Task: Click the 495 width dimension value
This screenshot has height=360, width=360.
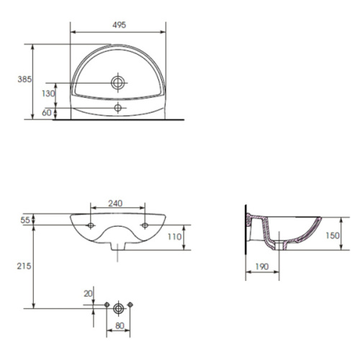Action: [x=120, y=25]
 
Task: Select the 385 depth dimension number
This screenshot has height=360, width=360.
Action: [x=24, y=79]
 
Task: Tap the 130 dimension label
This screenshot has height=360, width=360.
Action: [x=48, y=94]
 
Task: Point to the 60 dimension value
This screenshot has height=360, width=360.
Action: [x=47, y=112]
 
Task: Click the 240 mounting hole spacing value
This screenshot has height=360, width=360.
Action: [x=115, y=204]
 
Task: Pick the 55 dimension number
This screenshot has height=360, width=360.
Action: [x=25, y=220]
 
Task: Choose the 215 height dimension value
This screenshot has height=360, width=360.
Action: [x=24, y=266]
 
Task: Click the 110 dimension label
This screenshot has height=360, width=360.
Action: [x=174, y=237]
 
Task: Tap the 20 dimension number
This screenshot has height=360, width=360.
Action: [x=88, y=294]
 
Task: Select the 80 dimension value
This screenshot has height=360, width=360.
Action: [x=120, y=325]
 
